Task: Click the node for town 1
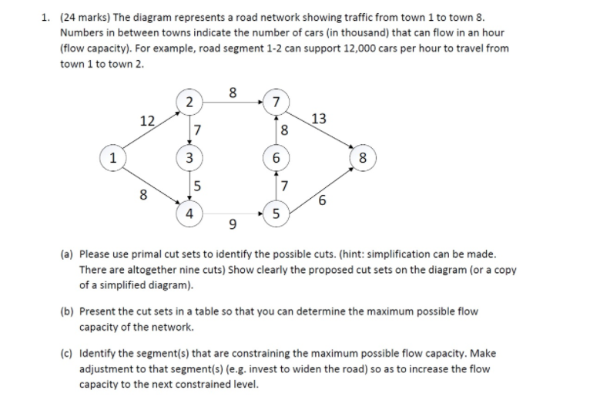coord(113,160)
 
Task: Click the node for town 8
coord(364,160)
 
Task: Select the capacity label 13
coord(319,118)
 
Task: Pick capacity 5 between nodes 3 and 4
coord(197,186)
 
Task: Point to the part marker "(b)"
coord(67,311)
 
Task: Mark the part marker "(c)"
coord(67,353)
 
